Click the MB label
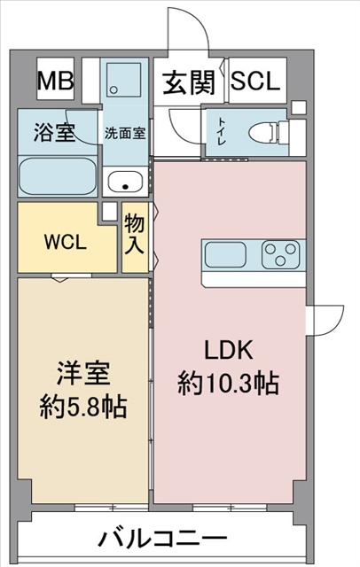click(55, 81)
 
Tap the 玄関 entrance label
click(189, 82)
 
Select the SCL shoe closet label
click(255, 81)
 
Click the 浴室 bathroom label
click(55, 132)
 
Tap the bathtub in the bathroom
click(57, 177)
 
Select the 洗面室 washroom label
click(125, 133)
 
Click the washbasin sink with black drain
click(125, 182)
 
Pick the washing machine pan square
click(123, 80)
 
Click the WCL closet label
click(66, 242)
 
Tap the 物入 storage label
click(135, 234)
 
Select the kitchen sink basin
click(226, 255)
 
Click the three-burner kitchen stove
click(281, 254)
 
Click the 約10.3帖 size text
click(228, 384)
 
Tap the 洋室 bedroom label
click(83, 374)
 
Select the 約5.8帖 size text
click(83, 408)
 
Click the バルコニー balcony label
click(162, 539)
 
